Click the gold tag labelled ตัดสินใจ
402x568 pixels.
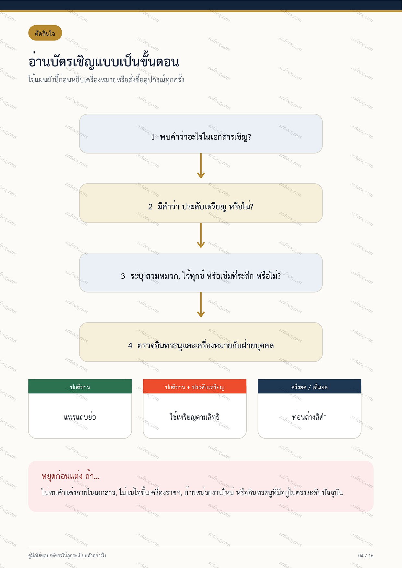pos(45,33)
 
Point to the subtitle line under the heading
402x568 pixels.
pos(106,79)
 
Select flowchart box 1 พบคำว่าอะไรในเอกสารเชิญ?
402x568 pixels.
pos(201,133)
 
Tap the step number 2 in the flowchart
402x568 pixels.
pos(150,207)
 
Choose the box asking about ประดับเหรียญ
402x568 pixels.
pos(201,203)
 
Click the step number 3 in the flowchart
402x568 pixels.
pos(123,276)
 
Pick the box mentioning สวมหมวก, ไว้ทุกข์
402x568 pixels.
pos(201,273)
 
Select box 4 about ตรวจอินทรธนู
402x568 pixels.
pos(201,342)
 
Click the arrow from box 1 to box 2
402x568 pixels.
pos(201,166)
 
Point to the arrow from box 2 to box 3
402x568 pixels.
pos(201,235)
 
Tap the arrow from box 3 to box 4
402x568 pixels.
pos(201,305)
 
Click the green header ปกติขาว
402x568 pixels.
pos(80,386)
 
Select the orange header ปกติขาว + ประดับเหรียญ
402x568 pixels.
pos(195,386)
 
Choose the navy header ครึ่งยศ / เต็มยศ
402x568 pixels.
pos(309,386)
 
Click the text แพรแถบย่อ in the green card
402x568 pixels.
pos(80,417)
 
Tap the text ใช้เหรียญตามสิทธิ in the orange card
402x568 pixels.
pos(195,417)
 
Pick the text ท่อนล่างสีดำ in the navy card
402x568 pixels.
pos(309,417)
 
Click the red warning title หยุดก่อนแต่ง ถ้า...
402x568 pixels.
pos(71,476)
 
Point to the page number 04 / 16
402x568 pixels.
pos(366,556)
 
